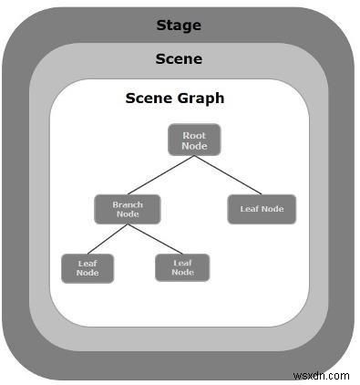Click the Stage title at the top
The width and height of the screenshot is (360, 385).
tap(179, 24)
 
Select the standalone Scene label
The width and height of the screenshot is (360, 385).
tap(179, 59)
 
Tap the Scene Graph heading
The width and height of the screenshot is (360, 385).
tap(174, 98)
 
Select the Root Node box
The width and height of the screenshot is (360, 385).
tap(194, 140)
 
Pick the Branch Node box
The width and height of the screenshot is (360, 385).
tap(128, 210)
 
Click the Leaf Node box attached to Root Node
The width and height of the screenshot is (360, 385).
tap(262, 209)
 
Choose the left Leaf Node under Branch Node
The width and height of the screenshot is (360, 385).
tap(87, 268)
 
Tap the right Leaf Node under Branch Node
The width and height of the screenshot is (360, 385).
tap(182, 267)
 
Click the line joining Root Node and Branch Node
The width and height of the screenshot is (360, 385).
tap(159, 175)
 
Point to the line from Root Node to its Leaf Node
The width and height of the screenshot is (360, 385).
tap(229, 175)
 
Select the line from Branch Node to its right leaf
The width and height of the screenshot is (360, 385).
tap(154, 239)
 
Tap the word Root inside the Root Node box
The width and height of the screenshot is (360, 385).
tap(194, 135)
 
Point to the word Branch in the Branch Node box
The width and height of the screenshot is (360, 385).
tap(128, 205)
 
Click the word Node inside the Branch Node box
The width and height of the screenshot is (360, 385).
tap(128, 215)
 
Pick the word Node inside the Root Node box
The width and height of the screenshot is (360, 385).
tap(194, 145)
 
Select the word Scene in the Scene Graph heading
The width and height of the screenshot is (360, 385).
tap(149, 98)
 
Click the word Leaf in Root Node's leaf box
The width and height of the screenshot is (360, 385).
tap(249, 209)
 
